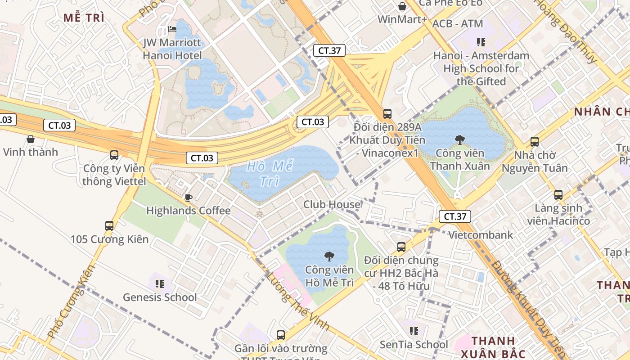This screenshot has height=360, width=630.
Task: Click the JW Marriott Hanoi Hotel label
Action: click(x=172, y=49)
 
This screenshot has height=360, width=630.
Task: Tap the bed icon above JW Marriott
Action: click(x=172, y=30)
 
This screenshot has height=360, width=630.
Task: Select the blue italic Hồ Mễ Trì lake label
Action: click(x=270, y=174)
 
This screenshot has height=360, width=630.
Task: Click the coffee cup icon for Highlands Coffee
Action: click(x=189, y=197)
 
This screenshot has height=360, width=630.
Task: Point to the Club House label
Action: click(x=332, y=204)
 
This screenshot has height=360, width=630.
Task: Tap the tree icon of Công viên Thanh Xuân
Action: click(x=459, y=140)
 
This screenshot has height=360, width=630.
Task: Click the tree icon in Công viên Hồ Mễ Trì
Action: click(x=329, y=256)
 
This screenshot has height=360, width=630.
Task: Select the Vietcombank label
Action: click(x=481, y=234)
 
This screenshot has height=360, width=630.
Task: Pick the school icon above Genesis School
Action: click(x=160, y=283)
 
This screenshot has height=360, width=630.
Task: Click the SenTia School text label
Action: click(x=414, y=345)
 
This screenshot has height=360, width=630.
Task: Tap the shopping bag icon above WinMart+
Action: click(x=402, y=6)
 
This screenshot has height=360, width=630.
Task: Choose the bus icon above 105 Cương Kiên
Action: click(x=109, y=225)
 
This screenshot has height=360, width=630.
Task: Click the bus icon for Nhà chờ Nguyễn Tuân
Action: click(x=535, y=142)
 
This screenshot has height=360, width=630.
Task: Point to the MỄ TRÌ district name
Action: click(x=84, y=18)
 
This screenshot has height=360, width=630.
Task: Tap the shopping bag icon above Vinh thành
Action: click(x=31, y=139)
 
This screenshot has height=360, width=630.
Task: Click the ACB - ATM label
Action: click(x=457, y=23)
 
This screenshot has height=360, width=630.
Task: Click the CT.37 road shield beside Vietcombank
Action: click(x=455, y=216)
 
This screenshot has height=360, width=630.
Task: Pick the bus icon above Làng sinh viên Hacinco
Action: click(x=558, y=195)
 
